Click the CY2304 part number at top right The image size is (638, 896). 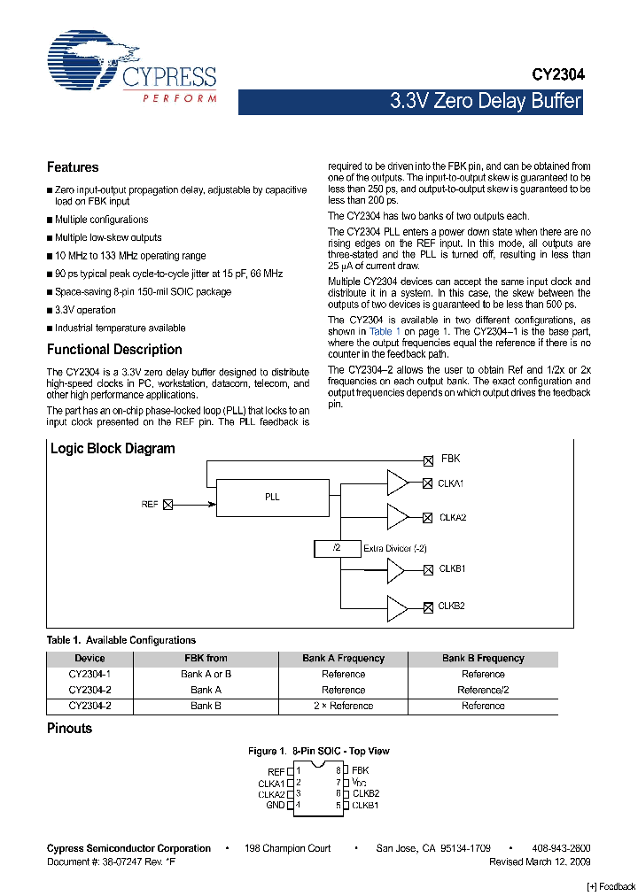tap(557, 76)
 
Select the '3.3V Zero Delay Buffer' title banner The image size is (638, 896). tap(485, 101)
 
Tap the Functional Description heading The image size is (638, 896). tap(114, 350)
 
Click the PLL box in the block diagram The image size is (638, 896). tap(272, 498)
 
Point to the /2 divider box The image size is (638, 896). tap(337, 549)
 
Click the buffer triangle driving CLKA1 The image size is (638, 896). tap(397, 483)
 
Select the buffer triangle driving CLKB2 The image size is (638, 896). tap(397, 606)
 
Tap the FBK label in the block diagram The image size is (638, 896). tap(450, 460)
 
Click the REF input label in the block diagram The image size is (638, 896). tap(150, 504)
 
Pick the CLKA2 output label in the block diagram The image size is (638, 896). tap(452, 517)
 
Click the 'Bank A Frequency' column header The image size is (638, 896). tap(343, 659)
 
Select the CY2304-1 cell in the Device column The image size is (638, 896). tap(89, 674)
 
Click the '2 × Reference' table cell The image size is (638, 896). tap(343, 706)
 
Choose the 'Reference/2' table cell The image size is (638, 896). tap(483, 690)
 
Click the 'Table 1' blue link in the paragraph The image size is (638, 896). tap(385, 331)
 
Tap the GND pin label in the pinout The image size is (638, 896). tap(275, 805)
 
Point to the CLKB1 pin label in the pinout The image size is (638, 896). tap(365, 805)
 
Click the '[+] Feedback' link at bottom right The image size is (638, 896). tap(611, 887)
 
